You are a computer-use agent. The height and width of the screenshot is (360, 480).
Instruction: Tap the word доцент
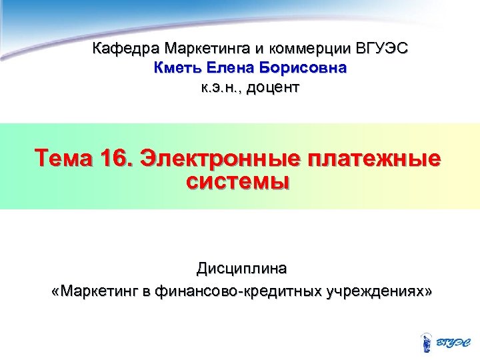point(273,87)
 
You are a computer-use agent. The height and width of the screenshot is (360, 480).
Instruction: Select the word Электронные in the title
point(219,161)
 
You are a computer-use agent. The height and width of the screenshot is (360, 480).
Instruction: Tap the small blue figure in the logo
point(427,341)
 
